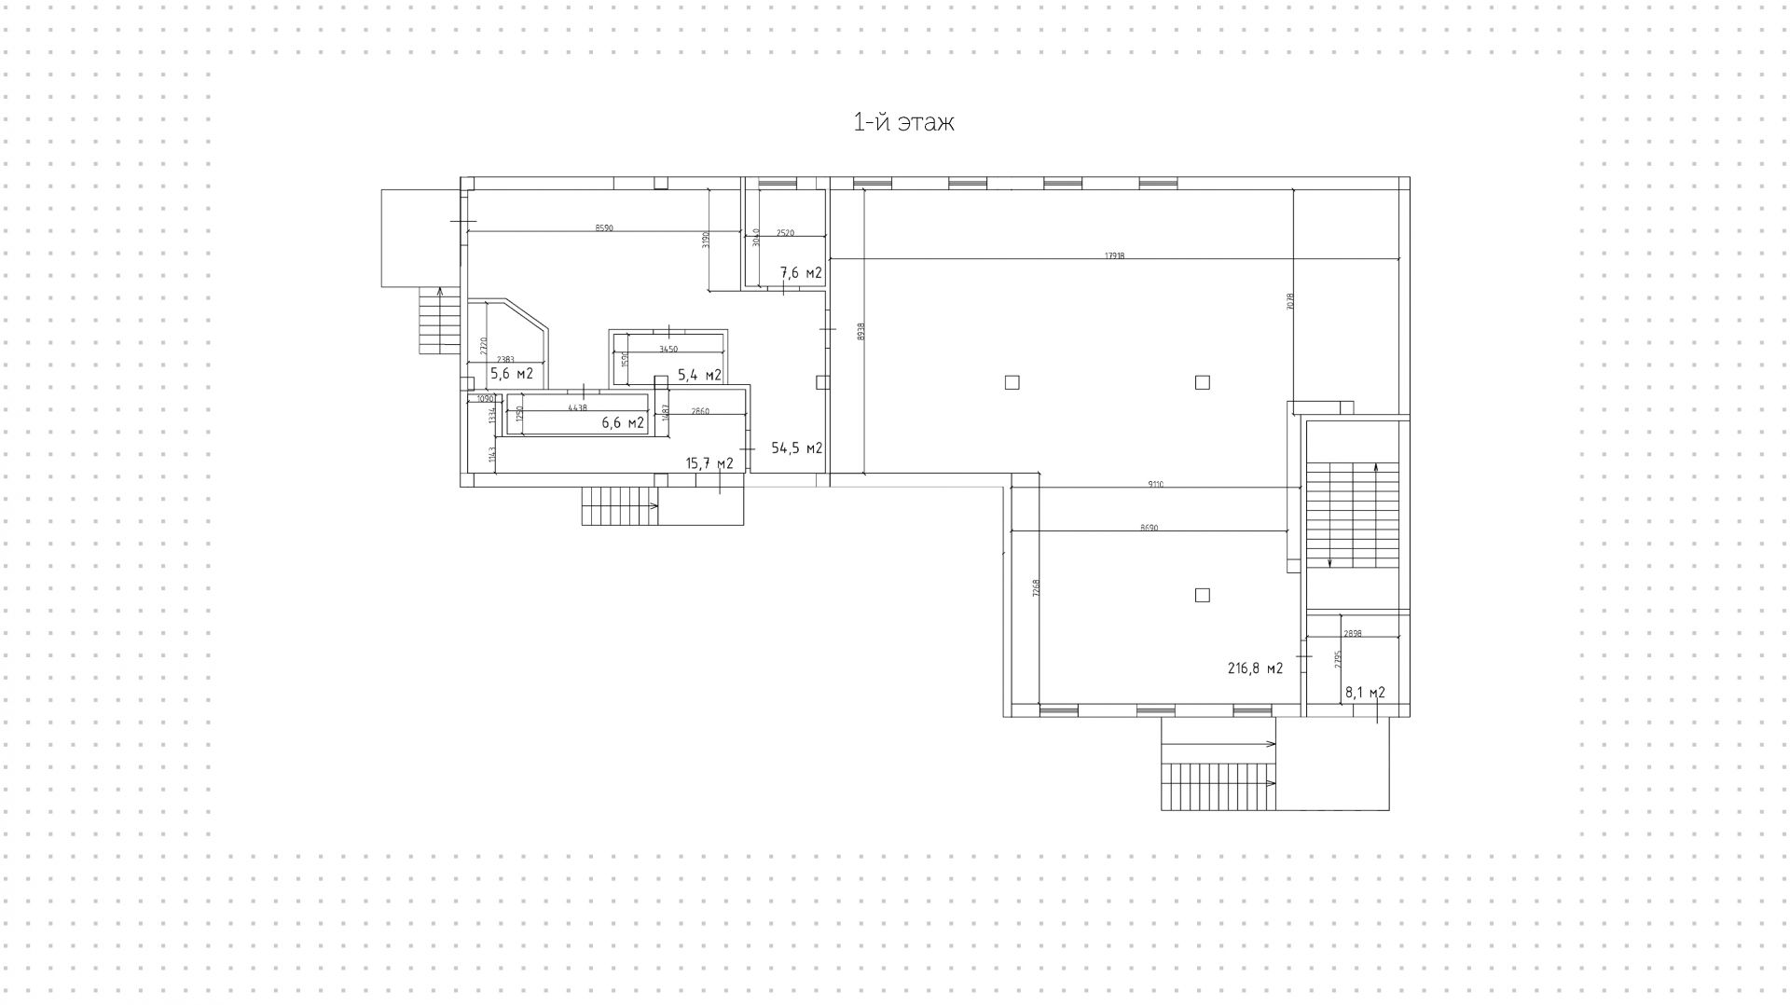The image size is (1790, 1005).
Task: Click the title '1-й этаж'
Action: coord(903,122)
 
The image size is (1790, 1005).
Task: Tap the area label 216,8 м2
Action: coord(1255,668)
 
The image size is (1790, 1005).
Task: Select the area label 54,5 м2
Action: coord(796,448)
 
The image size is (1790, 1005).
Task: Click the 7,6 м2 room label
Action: coord(801,273)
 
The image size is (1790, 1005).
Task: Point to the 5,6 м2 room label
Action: coord(511,374)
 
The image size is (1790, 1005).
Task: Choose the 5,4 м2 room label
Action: coord(699,375)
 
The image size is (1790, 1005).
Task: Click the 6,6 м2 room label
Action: coord(623,422)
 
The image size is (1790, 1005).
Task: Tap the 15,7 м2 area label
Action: coord(709,463)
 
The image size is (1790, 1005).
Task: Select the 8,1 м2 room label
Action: coord(1364,693)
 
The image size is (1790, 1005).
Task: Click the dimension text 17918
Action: coord(1114,255)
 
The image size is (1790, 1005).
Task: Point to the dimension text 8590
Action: coord(604,227)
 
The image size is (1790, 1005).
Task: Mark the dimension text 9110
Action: coord(1155,484)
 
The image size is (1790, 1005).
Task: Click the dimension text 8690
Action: coord(1149,528)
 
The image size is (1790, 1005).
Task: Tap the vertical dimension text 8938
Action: coord(861,331)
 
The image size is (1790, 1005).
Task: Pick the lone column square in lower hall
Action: coord(1202,595)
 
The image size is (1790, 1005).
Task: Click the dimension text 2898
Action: coord(1353,633)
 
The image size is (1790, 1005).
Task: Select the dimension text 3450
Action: coord(668,349)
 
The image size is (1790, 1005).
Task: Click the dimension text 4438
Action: coord(577,407)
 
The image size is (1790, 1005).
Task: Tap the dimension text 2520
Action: coord(785,233)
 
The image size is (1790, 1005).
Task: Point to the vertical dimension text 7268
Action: coord(1036,588)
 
